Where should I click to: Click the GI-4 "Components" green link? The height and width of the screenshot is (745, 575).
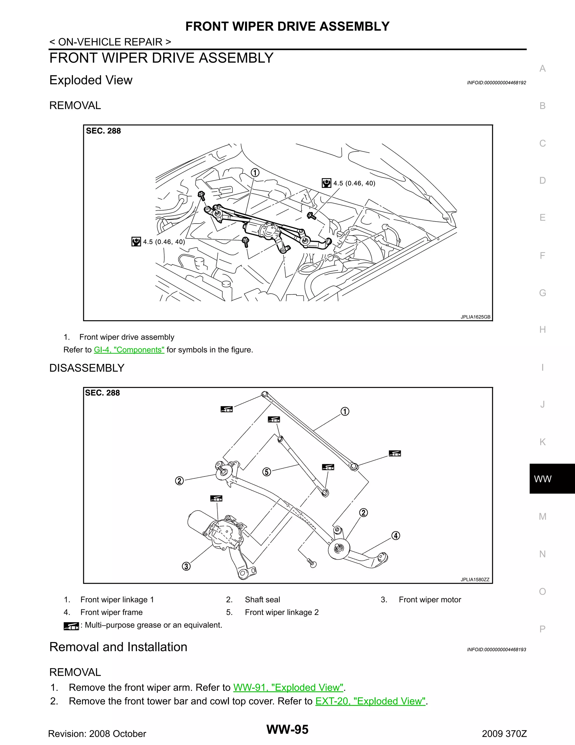pyautogui.click(x=129, y=350)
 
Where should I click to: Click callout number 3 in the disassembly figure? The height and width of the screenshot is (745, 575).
pyautogui.click(x=186, y=566)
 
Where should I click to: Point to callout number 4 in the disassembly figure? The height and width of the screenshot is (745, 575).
pyautogui.click(x=396, y=536)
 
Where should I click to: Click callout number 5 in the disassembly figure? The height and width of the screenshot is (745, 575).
pyautogui.click(x=267, y=472)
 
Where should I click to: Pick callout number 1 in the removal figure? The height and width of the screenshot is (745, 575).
pyautogui.click(x=255, y=173)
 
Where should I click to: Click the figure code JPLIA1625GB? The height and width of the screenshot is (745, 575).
pyautogui.click(x=475, y=317)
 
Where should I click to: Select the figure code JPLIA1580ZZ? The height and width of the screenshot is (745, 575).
pyautogui.click(x=475, y=580)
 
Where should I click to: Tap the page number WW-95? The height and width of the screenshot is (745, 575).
pyautogui.click(x=287, y=729)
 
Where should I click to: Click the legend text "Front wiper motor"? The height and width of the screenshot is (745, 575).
pyautogui.click(x=430, y=600)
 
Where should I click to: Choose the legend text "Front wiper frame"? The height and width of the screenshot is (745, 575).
pyautogui.click(x=111, y=612)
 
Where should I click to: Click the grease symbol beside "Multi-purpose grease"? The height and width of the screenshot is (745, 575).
pyautogui.click(x=71, y=626)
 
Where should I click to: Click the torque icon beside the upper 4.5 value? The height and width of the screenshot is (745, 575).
pyautogui.click(x=326, y=183)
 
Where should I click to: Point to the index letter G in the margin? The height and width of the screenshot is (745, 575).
pyautogui.click(x=542, y=293)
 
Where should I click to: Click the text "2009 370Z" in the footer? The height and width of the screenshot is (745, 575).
pyautogui.click(x=504, y=734)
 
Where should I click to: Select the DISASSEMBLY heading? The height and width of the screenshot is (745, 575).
pyautogui.click(x=87, y=368)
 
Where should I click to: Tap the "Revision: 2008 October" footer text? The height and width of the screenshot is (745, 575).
pyautogui.click(x=97, y=734)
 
